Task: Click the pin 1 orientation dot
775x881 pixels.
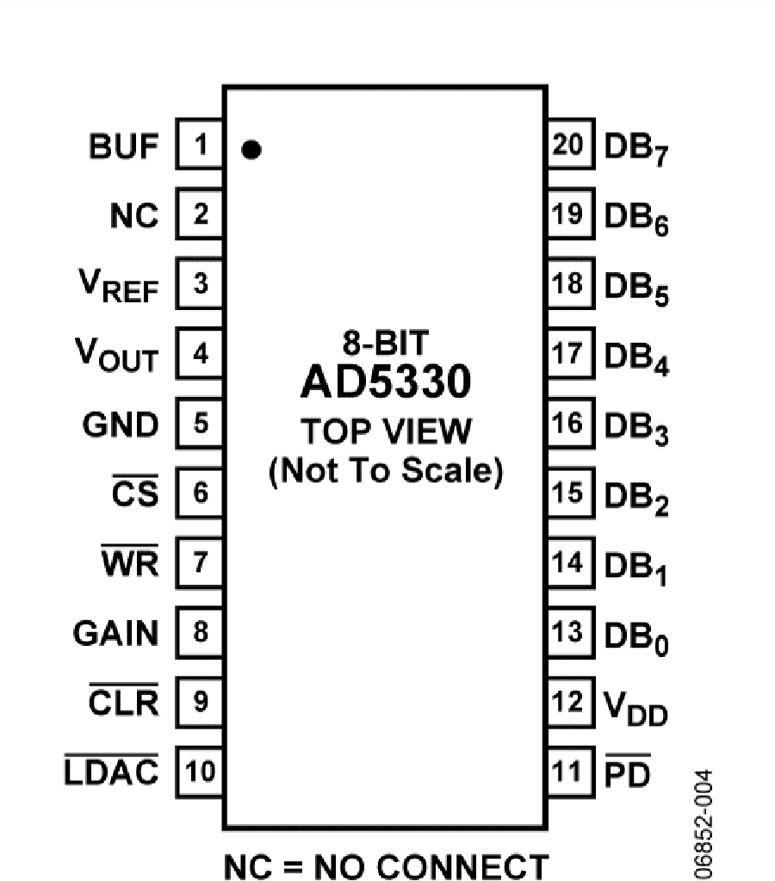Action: [251, 150]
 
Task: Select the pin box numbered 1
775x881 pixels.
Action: [200, 144]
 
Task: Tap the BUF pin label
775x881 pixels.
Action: [124, 146]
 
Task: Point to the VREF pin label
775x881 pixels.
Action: [119, 285]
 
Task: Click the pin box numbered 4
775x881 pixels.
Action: [200, 353]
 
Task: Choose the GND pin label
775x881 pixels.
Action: [121, 425]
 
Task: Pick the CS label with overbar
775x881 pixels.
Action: [135, 491]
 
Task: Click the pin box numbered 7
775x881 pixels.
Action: [200, 562]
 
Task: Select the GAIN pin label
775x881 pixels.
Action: [115, 633]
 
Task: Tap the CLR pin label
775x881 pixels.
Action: [124, 700]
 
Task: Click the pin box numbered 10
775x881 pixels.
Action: [200, 772]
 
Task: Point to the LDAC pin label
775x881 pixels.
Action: [111, 770]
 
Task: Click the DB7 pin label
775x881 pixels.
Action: [636, 149]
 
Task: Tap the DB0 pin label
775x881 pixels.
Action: [636, 638]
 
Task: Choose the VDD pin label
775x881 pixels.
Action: [635, 708]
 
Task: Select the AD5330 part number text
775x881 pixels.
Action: [386, 382]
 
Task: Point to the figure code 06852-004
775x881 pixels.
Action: [703, 823]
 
